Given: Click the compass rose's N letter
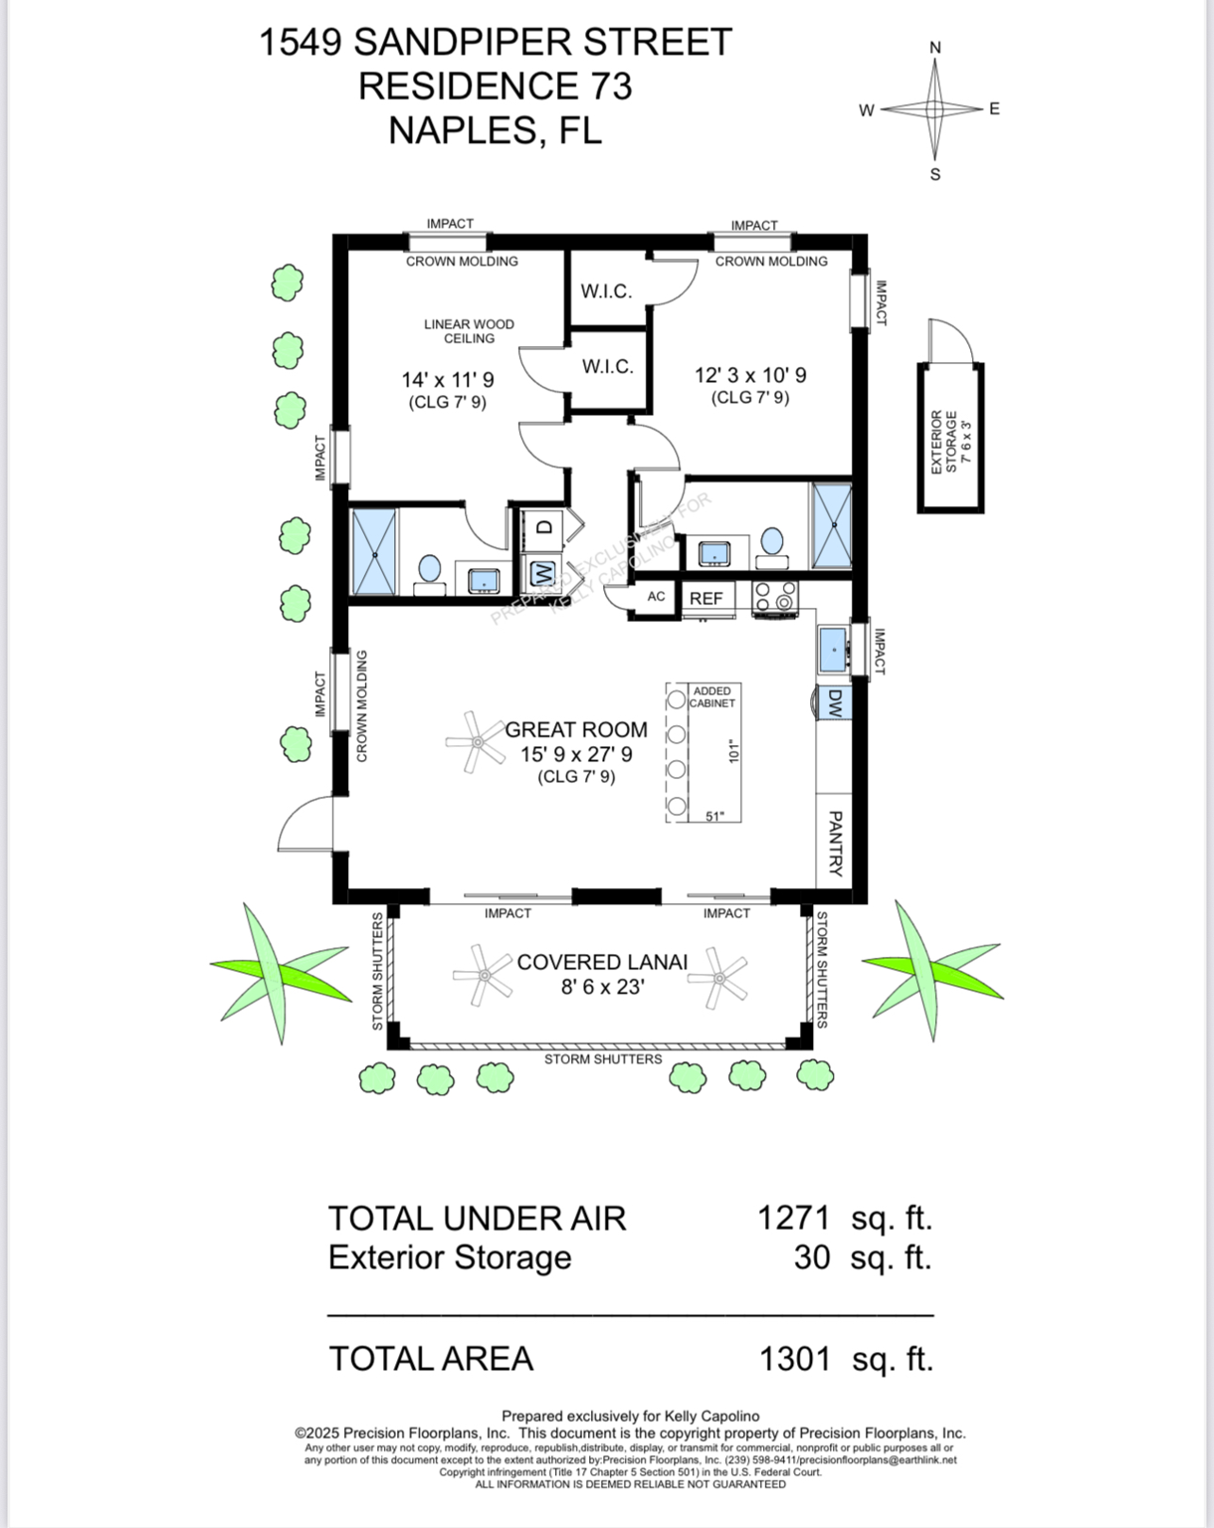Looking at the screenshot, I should click(934, 48).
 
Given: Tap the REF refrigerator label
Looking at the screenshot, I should click(706, 598).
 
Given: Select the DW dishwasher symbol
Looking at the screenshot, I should click(834, 703).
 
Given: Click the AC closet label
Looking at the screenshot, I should click(656, 597).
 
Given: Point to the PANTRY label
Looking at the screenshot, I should click(835, 843).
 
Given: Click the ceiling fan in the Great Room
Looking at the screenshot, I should click(477, 742).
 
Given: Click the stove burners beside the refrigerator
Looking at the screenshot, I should click(775, 596).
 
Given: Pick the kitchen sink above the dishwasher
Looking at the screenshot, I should click(832, 650).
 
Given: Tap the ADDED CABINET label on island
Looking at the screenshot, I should click(712, 696).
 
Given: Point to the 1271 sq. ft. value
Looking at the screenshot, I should click(793, 1218).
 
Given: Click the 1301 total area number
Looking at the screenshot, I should click(794, 1358).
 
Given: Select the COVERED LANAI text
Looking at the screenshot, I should click(602, 962).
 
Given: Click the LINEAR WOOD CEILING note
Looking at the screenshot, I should click(469, 331).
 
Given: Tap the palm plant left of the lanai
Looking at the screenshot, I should click(271, 970).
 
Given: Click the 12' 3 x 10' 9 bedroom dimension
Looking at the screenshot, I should click(750, 375).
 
